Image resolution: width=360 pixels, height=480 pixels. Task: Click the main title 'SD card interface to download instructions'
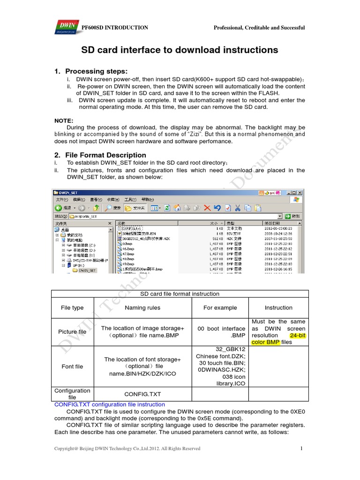pyautogui.click(x=180, y=50)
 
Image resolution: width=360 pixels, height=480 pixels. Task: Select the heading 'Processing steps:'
pyautogui.click(x=96, y=71)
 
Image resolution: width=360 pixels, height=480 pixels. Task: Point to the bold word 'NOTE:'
pyautogui.click(x=64, y=120)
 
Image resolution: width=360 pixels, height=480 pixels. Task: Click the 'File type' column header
pyautogui.click(x=72, y=308)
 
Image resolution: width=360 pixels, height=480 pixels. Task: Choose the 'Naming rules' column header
pyautogui.click(x=142, y=308)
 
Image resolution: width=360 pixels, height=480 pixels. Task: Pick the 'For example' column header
pyautogui.click(x=220, y=308)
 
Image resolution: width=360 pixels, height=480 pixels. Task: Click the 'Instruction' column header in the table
pyautogui.click(x=278, y=308)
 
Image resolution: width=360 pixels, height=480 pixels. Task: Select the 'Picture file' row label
pyautogui.click(x=72, y=332)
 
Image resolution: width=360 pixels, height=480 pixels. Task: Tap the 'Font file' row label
pyautogui.click(x=72, y=367)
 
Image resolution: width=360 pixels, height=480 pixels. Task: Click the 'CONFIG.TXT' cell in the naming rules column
pyautogui.click(x=142, y=395)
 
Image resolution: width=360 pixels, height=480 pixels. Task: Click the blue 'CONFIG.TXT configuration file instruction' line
pyautogui.click(x=110, y=405)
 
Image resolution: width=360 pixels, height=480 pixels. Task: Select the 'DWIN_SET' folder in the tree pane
pyautogui.click(x=87, y=270)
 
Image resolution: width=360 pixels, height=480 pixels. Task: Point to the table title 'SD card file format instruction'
pyautogui.click(x=180, y=294)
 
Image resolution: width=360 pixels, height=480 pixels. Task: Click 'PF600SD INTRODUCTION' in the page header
pyautogui.click(x=115, y=28)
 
